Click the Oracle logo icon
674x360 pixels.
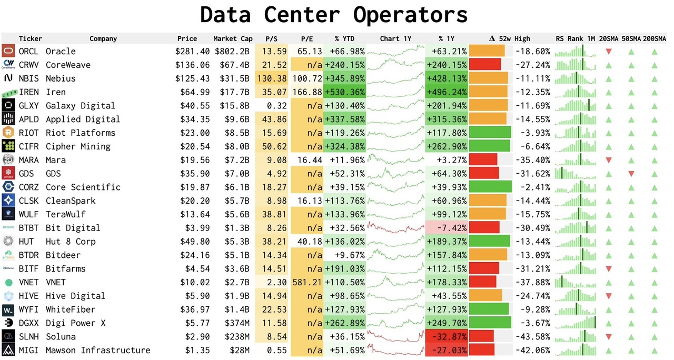coord(8,51)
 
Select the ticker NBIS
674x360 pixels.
coord(28,78)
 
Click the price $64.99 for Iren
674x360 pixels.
coord(193,92)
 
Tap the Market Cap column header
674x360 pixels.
coord(233,38)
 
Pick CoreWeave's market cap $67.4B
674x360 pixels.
coord(236,65)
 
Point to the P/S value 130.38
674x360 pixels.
coord(272,78)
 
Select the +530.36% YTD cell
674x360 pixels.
coord(345,92)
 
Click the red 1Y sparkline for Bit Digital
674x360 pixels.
coord(396,228)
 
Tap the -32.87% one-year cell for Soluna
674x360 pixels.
coord(447,336)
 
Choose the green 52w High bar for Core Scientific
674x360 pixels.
coord(490,187)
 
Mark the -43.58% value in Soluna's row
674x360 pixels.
coord(533,336)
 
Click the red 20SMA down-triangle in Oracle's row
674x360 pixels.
coord(609,52)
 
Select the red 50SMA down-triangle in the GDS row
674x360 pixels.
coord(631,174)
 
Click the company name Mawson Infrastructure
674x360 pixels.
coord(97,350)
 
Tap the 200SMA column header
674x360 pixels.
coord(655,38)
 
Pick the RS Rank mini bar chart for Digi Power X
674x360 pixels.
coord(576,323)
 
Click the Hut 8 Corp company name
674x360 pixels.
coord(71,242)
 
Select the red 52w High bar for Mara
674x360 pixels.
coord(483,160)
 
